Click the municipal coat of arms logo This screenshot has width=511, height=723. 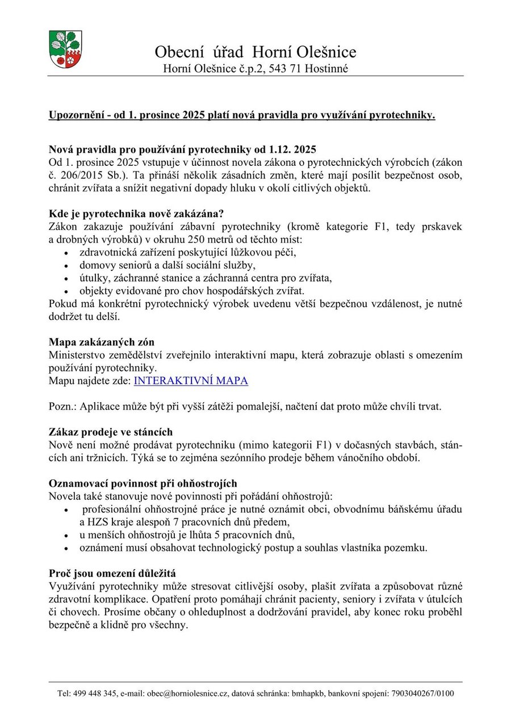65,49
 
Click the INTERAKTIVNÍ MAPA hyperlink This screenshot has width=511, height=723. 191,381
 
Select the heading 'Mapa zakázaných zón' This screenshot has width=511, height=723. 102,342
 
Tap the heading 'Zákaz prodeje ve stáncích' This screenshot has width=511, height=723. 111,432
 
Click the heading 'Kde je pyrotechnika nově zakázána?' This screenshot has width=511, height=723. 136,214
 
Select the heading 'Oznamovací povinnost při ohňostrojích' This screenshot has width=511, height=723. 143,483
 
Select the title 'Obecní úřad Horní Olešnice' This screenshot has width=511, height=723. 256,52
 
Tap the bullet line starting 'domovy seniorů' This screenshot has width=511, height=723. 167,265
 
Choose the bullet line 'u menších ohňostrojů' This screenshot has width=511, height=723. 187,535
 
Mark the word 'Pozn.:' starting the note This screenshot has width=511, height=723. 63,407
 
